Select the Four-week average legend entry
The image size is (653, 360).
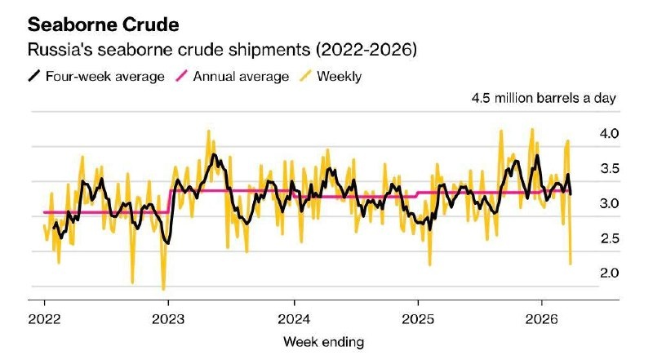[x=96, y=77]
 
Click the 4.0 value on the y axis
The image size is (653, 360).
[x=610, y=133]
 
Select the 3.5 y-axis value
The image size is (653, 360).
[x=610, y=169]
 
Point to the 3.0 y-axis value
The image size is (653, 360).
[x=610, y=203]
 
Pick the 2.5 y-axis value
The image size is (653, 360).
[x=610, y=238]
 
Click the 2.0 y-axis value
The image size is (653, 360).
[x=610, y=273]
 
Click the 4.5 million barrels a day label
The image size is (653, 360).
[x=544, y=99]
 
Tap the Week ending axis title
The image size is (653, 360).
[x=323, y=340]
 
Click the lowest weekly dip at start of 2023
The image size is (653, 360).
[x=163, y=289]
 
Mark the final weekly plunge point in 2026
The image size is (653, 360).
[x=570, y=264]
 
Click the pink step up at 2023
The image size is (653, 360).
[x=169, y=201]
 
